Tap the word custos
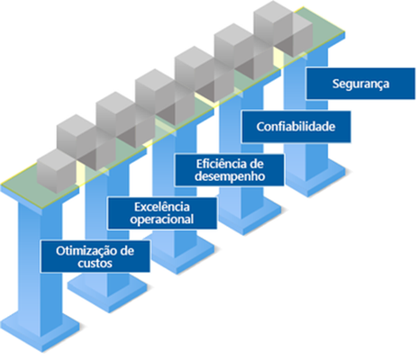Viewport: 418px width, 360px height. click(95, 264)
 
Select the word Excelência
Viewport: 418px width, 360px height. click(162, 207)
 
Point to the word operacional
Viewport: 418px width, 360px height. click(162, 220)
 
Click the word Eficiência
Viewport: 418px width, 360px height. click(220, 164)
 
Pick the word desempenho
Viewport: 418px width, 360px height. click(230, 176)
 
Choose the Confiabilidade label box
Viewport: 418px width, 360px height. click(296, 127)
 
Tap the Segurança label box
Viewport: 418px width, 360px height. click(360, 84)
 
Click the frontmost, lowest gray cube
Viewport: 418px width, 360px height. click(57, 171)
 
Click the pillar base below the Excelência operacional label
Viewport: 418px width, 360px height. click(179, 255)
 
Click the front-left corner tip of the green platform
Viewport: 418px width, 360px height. click(1, 184)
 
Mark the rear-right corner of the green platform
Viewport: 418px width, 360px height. click(345, 31)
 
